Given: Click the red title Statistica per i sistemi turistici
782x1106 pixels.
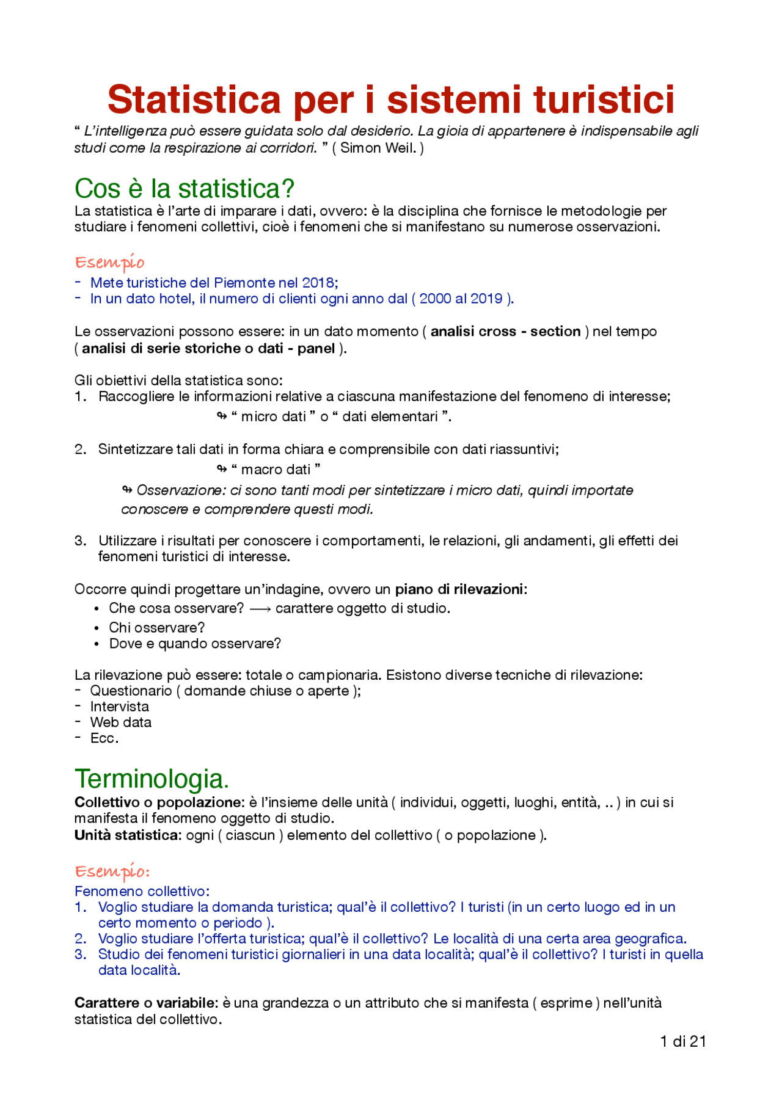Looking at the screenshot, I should [x=391, y=100].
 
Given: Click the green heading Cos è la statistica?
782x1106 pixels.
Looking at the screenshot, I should [x=185, y=189].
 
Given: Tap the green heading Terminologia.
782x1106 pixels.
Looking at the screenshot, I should [x=152, y=779].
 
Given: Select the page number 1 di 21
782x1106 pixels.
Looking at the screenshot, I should [x=682, y=1041].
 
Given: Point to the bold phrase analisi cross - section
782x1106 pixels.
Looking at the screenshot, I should [x=505, y=332].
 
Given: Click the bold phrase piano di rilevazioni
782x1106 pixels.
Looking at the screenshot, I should [x=459, y=589].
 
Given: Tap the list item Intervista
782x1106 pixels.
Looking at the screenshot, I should [x=120, y=707].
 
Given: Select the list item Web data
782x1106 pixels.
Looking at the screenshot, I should [x=121, y=722].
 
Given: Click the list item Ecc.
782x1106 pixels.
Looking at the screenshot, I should [x=104, y=738].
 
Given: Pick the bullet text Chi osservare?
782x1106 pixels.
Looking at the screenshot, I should [x=157, y=628].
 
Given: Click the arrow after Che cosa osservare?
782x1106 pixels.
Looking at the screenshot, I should [x=260, y=609].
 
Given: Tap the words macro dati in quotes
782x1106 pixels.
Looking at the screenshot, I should [x=276, y=470].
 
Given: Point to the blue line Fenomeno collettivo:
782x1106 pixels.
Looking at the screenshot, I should [x=142, y=892].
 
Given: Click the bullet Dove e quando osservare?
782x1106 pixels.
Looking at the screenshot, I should [x=195, y=644].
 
